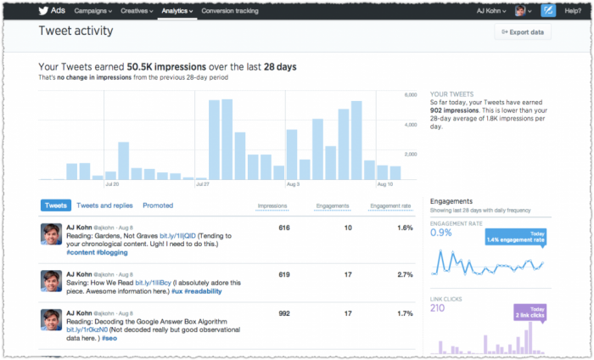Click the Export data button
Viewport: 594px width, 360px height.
524,32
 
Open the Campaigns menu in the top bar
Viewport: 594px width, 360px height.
94,11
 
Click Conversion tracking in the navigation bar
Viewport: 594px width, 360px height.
230,11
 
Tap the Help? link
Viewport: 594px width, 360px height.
572,11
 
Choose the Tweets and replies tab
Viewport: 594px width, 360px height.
104,205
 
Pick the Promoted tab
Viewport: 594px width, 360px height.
158,205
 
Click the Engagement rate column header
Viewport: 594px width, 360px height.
391,205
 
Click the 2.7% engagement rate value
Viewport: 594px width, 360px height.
405,275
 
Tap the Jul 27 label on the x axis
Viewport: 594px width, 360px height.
202,183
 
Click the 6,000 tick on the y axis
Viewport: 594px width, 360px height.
410,94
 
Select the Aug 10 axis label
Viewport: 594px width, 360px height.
384,183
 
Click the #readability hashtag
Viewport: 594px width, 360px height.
202,291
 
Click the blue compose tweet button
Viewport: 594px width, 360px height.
549,11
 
